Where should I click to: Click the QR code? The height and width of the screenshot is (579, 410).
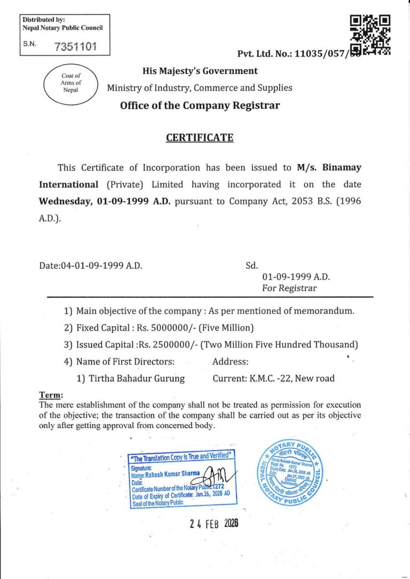(370, 35)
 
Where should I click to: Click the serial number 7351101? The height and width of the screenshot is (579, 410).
(75, 46)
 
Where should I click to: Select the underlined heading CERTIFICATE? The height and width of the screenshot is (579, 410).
(200, 137)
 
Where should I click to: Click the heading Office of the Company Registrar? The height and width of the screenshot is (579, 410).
(200, 105)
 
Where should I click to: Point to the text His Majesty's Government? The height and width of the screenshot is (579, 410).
(200, 71)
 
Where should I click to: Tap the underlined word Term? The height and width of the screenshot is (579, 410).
(51, 395)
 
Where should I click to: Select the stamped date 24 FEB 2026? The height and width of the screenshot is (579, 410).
(214, 523)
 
